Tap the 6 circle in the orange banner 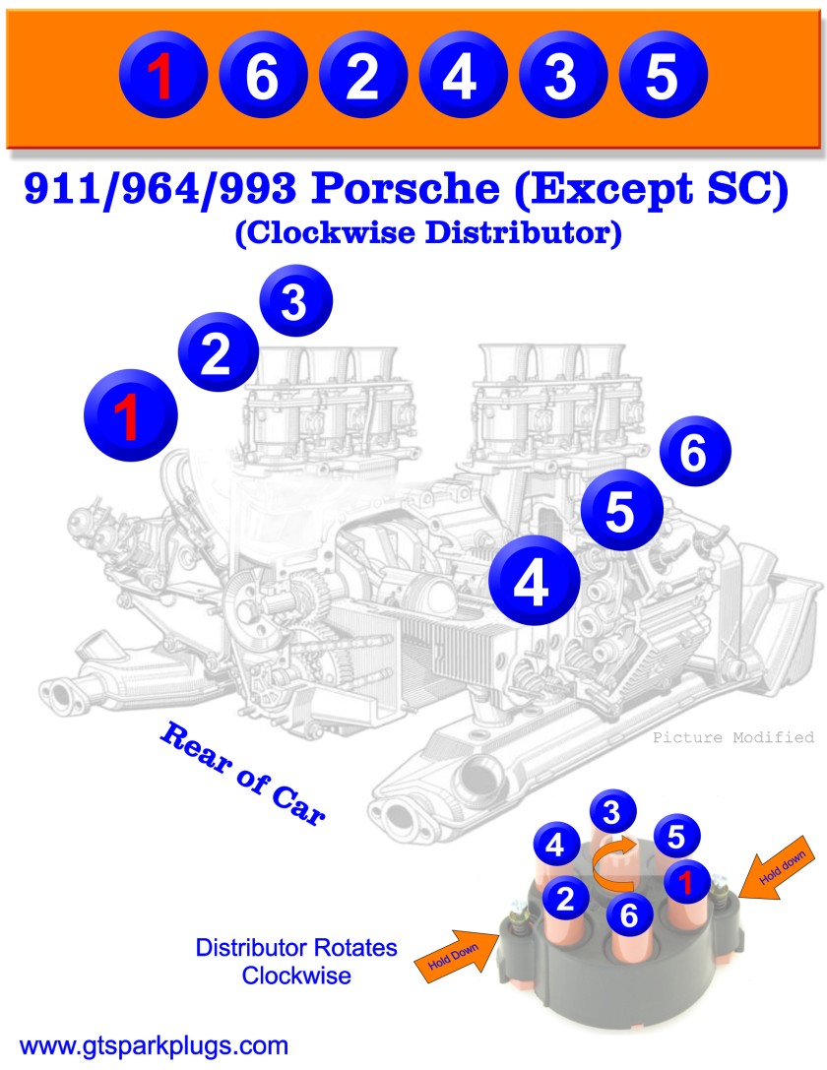pos(263,78)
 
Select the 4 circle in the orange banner pos(461,78)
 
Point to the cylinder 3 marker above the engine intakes pos(295,303)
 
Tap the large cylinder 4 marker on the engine pos(531,585)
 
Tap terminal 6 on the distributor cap pos(630,915)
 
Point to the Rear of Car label pos(241,774)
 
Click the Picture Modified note pos(733,737)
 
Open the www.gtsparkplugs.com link pos(154,1044)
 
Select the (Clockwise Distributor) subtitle pos(427,234)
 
